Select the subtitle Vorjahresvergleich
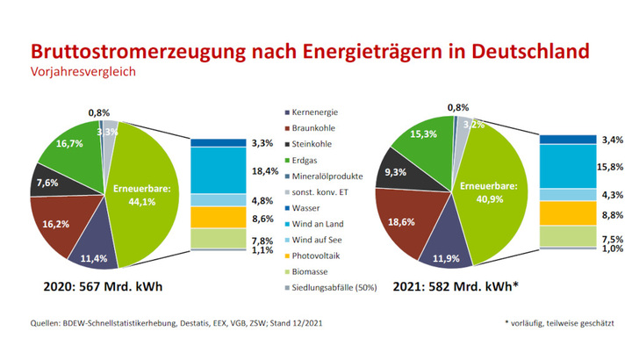click(x=84, y=72)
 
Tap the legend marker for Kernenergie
click(x=288, y=112)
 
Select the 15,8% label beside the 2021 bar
click(x=611, y=166)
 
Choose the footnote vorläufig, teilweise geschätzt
click(x=558, y=324)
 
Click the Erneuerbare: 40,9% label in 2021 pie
click(x=485, y=191)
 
